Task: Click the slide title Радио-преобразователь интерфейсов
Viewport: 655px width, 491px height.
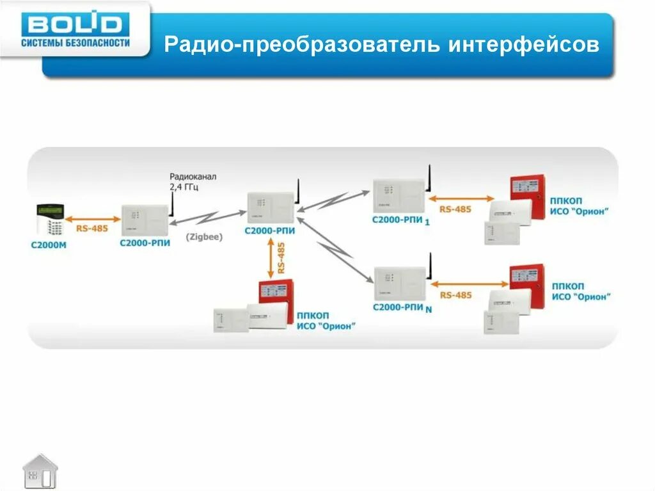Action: click(382, 45)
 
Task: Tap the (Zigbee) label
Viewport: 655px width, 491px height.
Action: click(204, 237)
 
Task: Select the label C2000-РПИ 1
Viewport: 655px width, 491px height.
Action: click(401, 220)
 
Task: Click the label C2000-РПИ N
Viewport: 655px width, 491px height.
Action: click(402, 308)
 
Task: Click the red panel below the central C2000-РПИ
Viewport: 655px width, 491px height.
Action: click(275, 293)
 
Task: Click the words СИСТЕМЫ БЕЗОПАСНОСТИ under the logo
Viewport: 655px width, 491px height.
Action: click(75, 43)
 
